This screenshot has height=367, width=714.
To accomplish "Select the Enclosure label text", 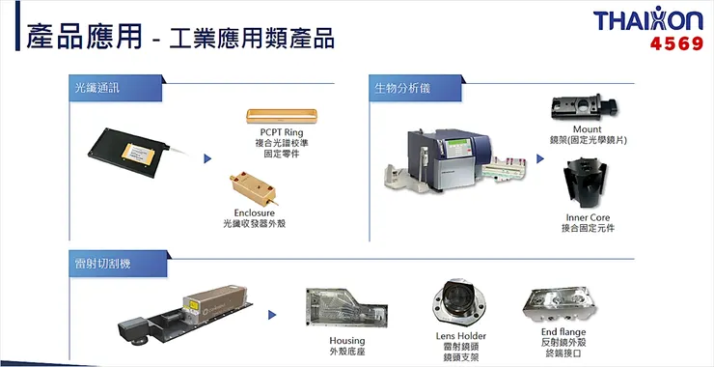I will pos(256,212).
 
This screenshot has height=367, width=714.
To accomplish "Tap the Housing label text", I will pos(346,341).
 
